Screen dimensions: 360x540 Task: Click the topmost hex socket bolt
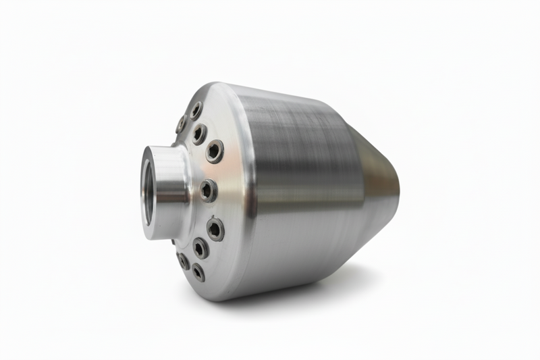(x=195, y=110)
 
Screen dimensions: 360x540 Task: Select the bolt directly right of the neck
(x=208, y=190)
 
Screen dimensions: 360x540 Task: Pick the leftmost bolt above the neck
(x=181, y=124)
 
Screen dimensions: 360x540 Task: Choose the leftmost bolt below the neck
(x=183, y=260)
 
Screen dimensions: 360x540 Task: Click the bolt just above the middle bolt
(x=214, y=151)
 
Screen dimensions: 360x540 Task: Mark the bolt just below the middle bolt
(x=215, y=229)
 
